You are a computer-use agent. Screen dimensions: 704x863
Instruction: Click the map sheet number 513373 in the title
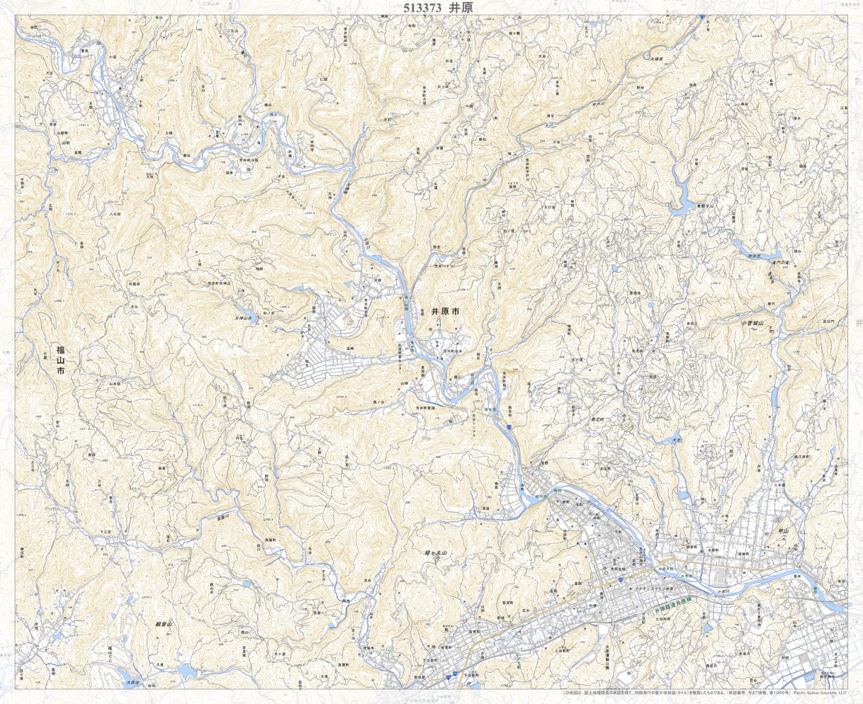coord(422,8)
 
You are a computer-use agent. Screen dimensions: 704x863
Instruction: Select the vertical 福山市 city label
coord(62,360)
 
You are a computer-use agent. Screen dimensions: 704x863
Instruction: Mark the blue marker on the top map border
coord(701,16)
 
